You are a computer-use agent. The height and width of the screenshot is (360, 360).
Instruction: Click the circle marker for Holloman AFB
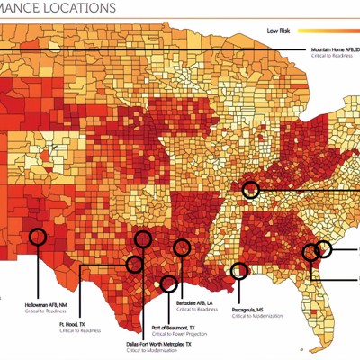(37, 237)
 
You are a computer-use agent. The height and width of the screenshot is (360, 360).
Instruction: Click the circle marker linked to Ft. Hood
(135, 264)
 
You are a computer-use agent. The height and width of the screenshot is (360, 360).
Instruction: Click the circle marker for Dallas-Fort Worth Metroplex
(142, 238)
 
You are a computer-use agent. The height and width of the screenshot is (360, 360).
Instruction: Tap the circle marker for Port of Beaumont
(167, 284)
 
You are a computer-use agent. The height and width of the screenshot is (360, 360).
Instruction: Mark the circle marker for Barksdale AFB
(182, 247)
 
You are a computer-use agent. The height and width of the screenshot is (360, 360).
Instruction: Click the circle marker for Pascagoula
(239, 270)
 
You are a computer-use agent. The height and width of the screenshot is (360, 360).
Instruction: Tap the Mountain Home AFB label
(334, 49)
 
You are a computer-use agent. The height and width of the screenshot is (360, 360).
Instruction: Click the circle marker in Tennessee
(250, 189)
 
